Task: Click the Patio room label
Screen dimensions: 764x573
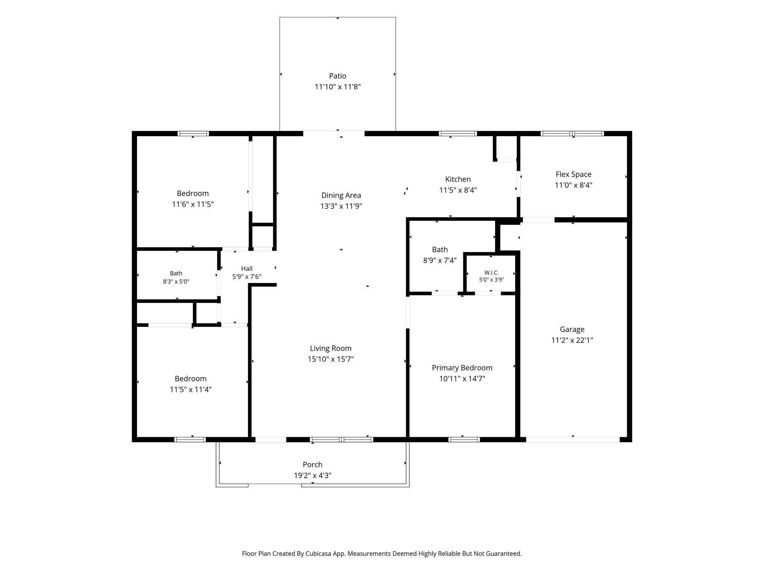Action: pos(338,76)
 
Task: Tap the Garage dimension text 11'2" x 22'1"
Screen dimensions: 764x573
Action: pos(572,340)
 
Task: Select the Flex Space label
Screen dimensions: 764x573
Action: pos(573,174)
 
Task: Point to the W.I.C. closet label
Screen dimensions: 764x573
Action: pos(491,273)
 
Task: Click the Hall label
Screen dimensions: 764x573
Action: pos(247,269)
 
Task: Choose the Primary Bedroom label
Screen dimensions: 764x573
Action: pos(462,368)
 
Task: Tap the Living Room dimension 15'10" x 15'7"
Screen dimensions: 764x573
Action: pos(331,359)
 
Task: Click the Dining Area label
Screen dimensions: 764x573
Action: pos(341,195)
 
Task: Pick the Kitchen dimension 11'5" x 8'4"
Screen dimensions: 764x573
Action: pos(458,190)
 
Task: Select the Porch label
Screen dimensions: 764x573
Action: pos(313,464)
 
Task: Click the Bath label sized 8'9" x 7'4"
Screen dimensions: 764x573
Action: pos(440,250)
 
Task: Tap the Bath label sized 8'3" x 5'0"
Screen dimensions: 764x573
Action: pos(176,273)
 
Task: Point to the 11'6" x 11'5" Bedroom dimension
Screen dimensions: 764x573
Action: pos(192,204)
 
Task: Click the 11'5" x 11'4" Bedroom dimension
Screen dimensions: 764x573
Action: pos(191,389)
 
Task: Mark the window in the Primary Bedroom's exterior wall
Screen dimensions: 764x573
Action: pos(464,439)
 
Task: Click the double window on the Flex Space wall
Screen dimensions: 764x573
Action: pos(572,134)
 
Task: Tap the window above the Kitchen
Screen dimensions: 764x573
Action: pos(458,134)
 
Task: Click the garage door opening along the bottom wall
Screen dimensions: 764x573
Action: pos(573,439)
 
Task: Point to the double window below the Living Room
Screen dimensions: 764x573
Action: pos(342,439)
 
